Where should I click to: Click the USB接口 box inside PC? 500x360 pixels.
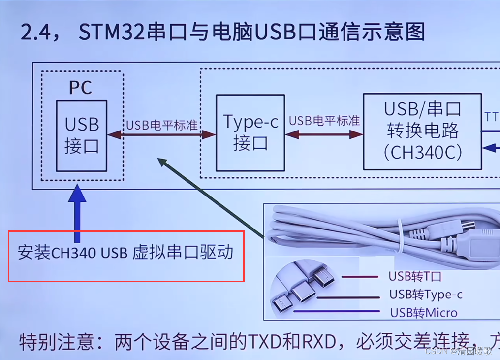click(81, 135)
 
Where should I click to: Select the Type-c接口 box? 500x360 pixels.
click(250, 132)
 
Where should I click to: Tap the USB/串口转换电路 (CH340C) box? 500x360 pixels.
click(422, 131)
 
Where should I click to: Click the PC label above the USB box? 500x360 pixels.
click(80, 88)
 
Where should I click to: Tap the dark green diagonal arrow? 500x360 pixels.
click(212, 199)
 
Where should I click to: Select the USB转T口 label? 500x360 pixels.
click(415, 277)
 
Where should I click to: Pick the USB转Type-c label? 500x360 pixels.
click(426, 295)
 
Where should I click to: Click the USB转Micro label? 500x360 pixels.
click(424, 312)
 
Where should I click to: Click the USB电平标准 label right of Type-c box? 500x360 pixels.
click(324, 121)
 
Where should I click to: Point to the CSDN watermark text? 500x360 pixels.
click(435, 351)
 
